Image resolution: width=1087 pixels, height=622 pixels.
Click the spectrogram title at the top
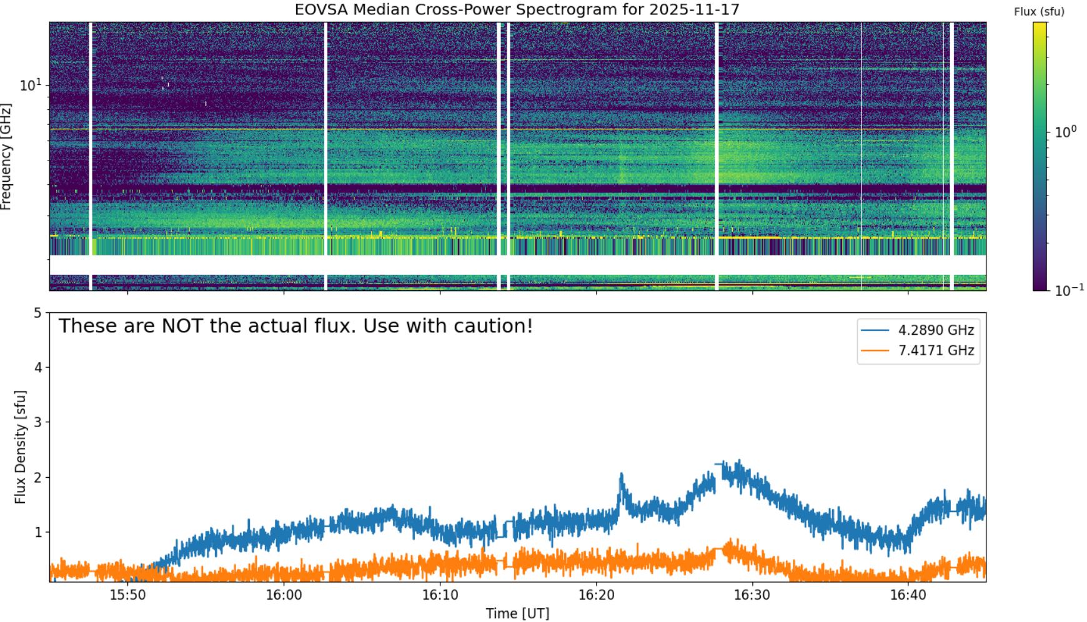pyautogui.click(x=517, y=9)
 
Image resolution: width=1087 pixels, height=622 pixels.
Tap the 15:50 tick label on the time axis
pyautogui.click(x=127, y=595)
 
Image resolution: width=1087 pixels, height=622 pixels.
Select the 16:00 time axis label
pyautogui.click(x=284, y=595)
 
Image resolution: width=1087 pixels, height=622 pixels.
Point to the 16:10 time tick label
pyautogui.click(x=440, y=595)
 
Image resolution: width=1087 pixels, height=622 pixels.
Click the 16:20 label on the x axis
pyautogui.click(x=596, y=595)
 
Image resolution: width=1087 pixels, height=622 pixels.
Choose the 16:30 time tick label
pyautogui.click(x=752, y=595)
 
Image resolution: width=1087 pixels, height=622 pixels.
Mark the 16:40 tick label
pyautogui.click(x=908, y=595)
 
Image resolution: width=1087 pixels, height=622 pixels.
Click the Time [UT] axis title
pyautogui.click(x=517, y=613)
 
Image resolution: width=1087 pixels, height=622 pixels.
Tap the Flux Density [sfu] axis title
pyautogui.click(x=21, y=447)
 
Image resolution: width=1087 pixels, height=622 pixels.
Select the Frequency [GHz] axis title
pyautogui.click(x=6, y=157)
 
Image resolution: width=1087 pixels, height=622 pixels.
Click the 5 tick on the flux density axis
pyautogui.click(x=38, y=312)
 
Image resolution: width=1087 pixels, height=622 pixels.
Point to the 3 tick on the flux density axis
pyautogui.click(x=38, y=422)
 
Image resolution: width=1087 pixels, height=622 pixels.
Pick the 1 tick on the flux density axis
pyautogui.click(x=38, y=532)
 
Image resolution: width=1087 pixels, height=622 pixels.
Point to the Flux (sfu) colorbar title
pyautogui.click(x=1039, y=12)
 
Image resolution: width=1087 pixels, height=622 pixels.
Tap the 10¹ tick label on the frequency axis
pyautogui.click(x=31, y=84)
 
